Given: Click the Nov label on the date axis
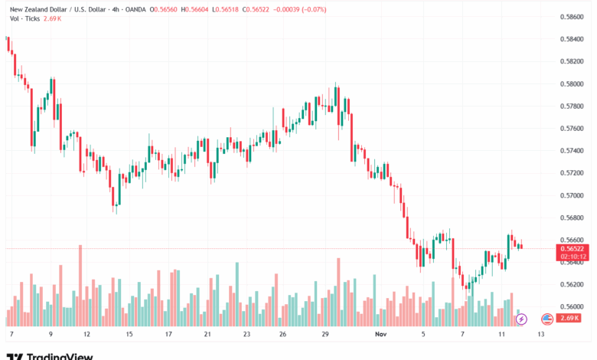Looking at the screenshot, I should point(382,335).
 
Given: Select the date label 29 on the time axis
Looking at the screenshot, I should point(325,335).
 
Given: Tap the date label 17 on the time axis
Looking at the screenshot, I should point(168,335).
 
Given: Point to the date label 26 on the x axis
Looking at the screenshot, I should point(283,335).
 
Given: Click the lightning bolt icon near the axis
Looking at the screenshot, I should point(522,318).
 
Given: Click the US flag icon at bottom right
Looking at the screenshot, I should point(546,318).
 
